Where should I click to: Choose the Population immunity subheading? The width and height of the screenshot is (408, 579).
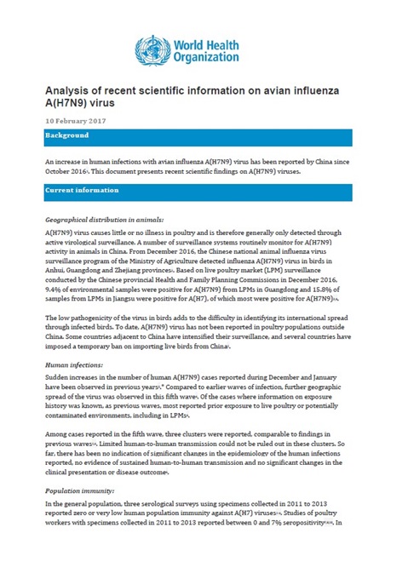82,491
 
